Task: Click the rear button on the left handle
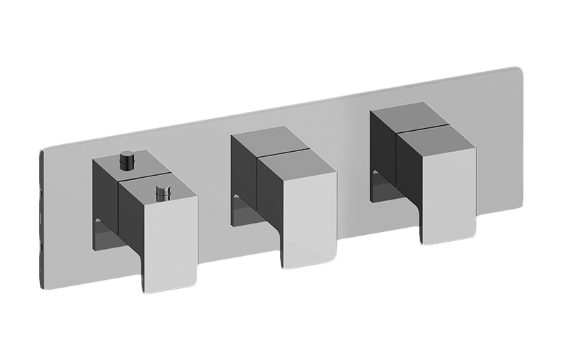[128, 160]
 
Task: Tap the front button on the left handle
[162, 191]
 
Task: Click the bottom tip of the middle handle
[285, 269]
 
